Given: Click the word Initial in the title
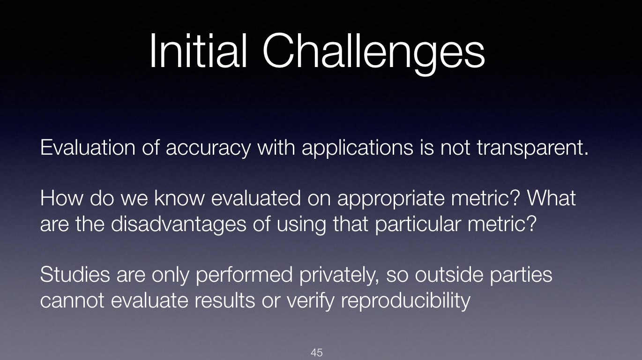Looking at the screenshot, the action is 198,51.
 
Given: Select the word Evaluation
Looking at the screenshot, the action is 88,148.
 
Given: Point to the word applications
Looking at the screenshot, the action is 358,148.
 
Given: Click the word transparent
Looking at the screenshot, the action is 532,149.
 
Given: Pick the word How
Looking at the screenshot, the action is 61,198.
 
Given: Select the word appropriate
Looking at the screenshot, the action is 391,200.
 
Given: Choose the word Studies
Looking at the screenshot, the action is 75,274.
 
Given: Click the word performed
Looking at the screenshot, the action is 244,276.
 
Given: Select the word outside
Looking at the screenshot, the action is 449,275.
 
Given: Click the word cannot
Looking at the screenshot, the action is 72,300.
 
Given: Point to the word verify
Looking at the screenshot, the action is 310,301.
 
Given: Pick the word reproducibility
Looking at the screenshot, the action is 406,301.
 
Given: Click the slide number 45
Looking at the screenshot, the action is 317,352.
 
